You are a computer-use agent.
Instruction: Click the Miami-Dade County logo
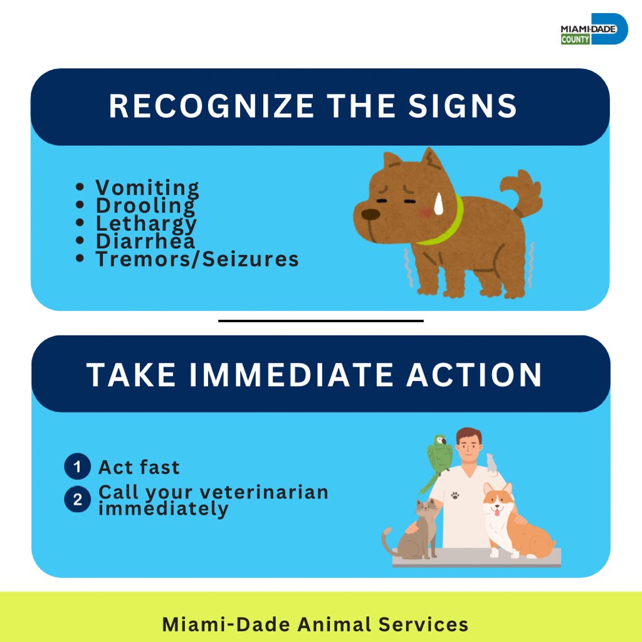tap(593, 29)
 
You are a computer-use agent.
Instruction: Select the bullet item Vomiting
tap(147, 187)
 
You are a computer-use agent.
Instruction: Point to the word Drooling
tap(145, 205)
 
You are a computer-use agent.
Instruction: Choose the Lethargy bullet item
tap(145, 223)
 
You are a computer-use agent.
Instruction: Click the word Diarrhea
tap(145, 241)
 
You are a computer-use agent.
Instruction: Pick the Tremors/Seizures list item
tap(196, 259)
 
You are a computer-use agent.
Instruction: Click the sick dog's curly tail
tap(527, 191)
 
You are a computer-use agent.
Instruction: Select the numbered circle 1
tap(78, 467)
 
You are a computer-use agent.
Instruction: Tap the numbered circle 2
tap(78, 500)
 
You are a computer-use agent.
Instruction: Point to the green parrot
tap(438, 456)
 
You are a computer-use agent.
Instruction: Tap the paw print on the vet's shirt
tap(455, 495)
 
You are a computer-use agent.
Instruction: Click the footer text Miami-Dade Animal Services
tap(315, 624)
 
